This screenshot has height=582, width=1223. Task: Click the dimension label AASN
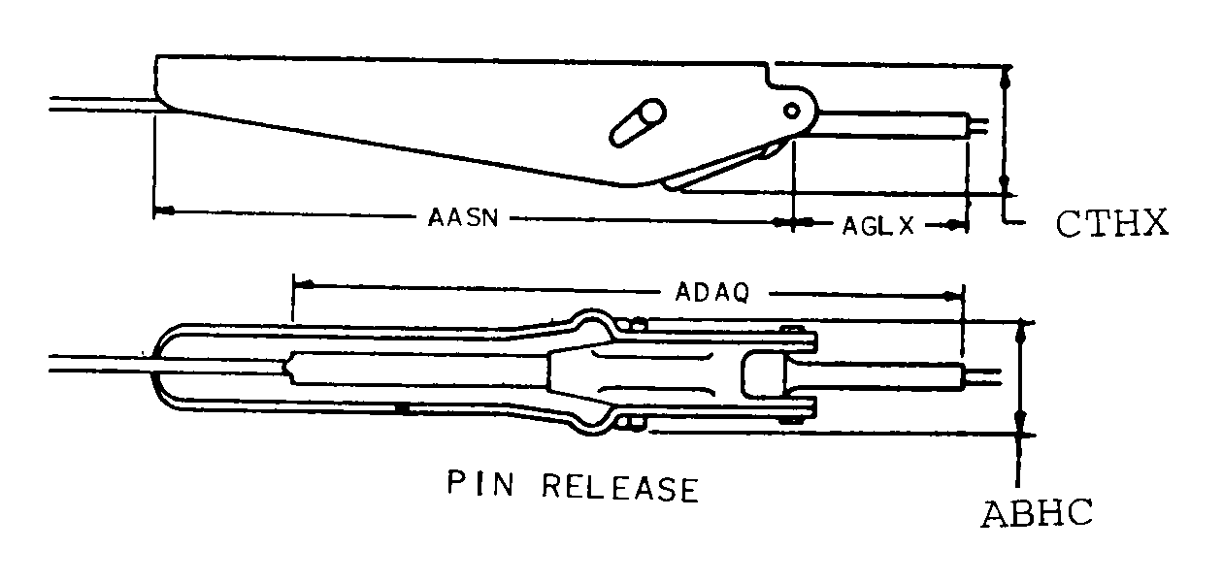(x=463, y=217)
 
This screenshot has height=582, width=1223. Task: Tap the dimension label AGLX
(x=877, y=226)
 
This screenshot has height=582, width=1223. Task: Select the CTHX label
(x=1110, y=224)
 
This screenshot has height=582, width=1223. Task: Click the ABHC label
(x=1037, y=512)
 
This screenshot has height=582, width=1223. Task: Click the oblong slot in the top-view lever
(x=636, y=121)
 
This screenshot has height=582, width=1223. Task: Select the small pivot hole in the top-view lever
(x=793, y=109)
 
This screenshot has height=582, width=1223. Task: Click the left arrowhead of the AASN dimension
(x=164, y=210)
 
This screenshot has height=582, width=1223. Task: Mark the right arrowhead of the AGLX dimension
(x=958, y=225)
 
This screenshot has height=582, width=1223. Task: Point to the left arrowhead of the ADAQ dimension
(x=303, y=284)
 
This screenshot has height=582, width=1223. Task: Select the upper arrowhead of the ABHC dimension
(x=1019, y=333)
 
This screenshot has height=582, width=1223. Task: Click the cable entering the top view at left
(x=97, y=104)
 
